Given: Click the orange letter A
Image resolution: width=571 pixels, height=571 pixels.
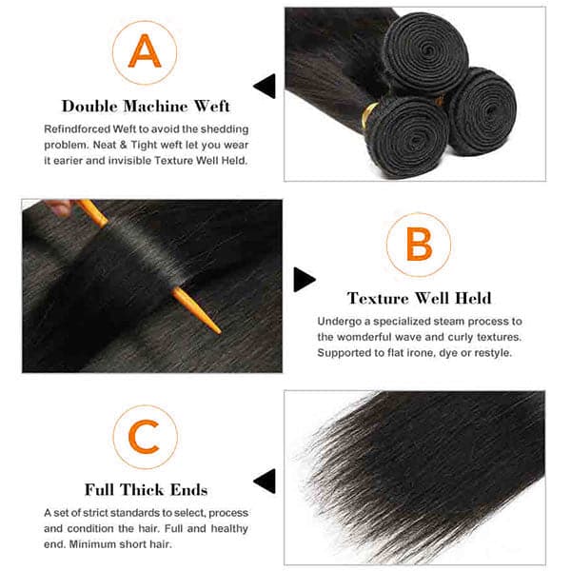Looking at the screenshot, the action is (145, 51).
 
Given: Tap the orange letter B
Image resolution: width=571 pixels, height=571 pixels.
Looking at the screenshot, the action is (419, 244).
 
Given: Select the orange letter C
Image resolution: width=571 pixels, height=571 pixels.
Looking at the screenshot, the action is (145, 437).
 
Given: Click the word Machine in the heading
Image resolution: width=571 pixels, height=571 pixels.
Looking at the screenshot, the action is (155, 107).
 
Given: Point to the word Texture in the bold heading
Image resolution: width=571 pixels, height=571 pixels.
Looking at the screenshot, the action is (378, 298).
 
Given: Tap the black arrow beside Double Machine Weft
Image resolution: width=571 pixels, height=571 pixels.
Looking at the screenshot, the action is (265, 86).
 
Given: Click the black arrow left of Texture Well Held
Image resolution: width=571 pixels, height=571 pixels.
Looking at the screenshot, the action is (305, 279).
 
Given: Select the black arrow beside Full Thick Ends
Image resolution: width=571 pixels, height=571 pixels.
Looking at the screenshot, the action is (265, 481).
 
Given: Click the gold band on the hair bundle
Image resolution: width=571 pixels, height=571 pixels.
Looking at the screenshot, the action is (369, 115).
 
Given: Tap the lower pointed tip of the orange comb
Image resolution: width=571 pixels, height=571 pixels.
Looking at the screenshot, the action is (220, 332).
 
